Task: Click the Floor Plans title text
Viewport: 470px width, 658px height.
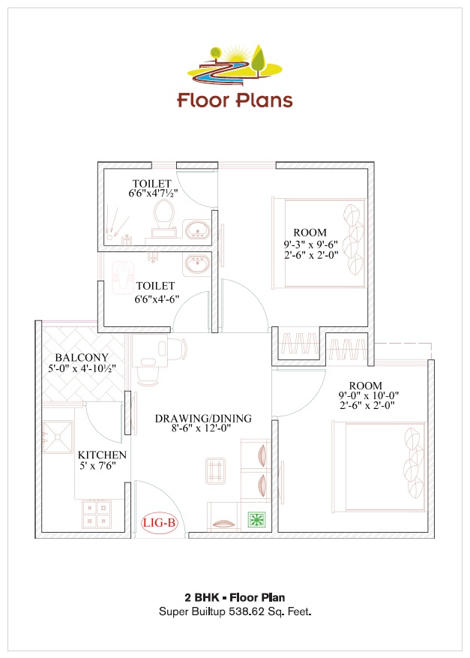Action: (x=235, y=100)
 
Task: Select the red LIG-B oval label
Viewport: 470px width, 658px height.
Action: (x=159, y=523)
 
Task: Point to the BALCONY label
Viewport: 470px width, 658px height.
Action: (x=82, y=357)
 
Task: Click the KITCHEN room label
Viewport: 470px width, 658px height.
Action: (x=102, y=455)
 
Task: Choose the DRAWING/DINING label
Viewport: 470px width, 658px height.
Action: (x=203, y=419)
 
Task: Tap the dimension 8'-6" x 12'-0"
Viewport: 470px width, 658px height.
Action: (x=203, y=430)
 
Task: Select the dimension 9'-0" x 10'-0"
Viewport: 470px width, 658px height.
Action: (x=368, y=395)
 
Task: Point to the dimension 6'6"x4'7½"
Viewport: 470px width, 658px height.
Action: (x=152, y=194)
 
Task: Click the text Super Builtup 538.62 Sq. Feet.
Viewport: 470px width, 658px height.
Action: (x=235, y=612)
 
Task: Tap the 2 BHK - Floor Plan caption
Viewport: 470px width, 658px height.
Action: (x=235, y=598)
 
